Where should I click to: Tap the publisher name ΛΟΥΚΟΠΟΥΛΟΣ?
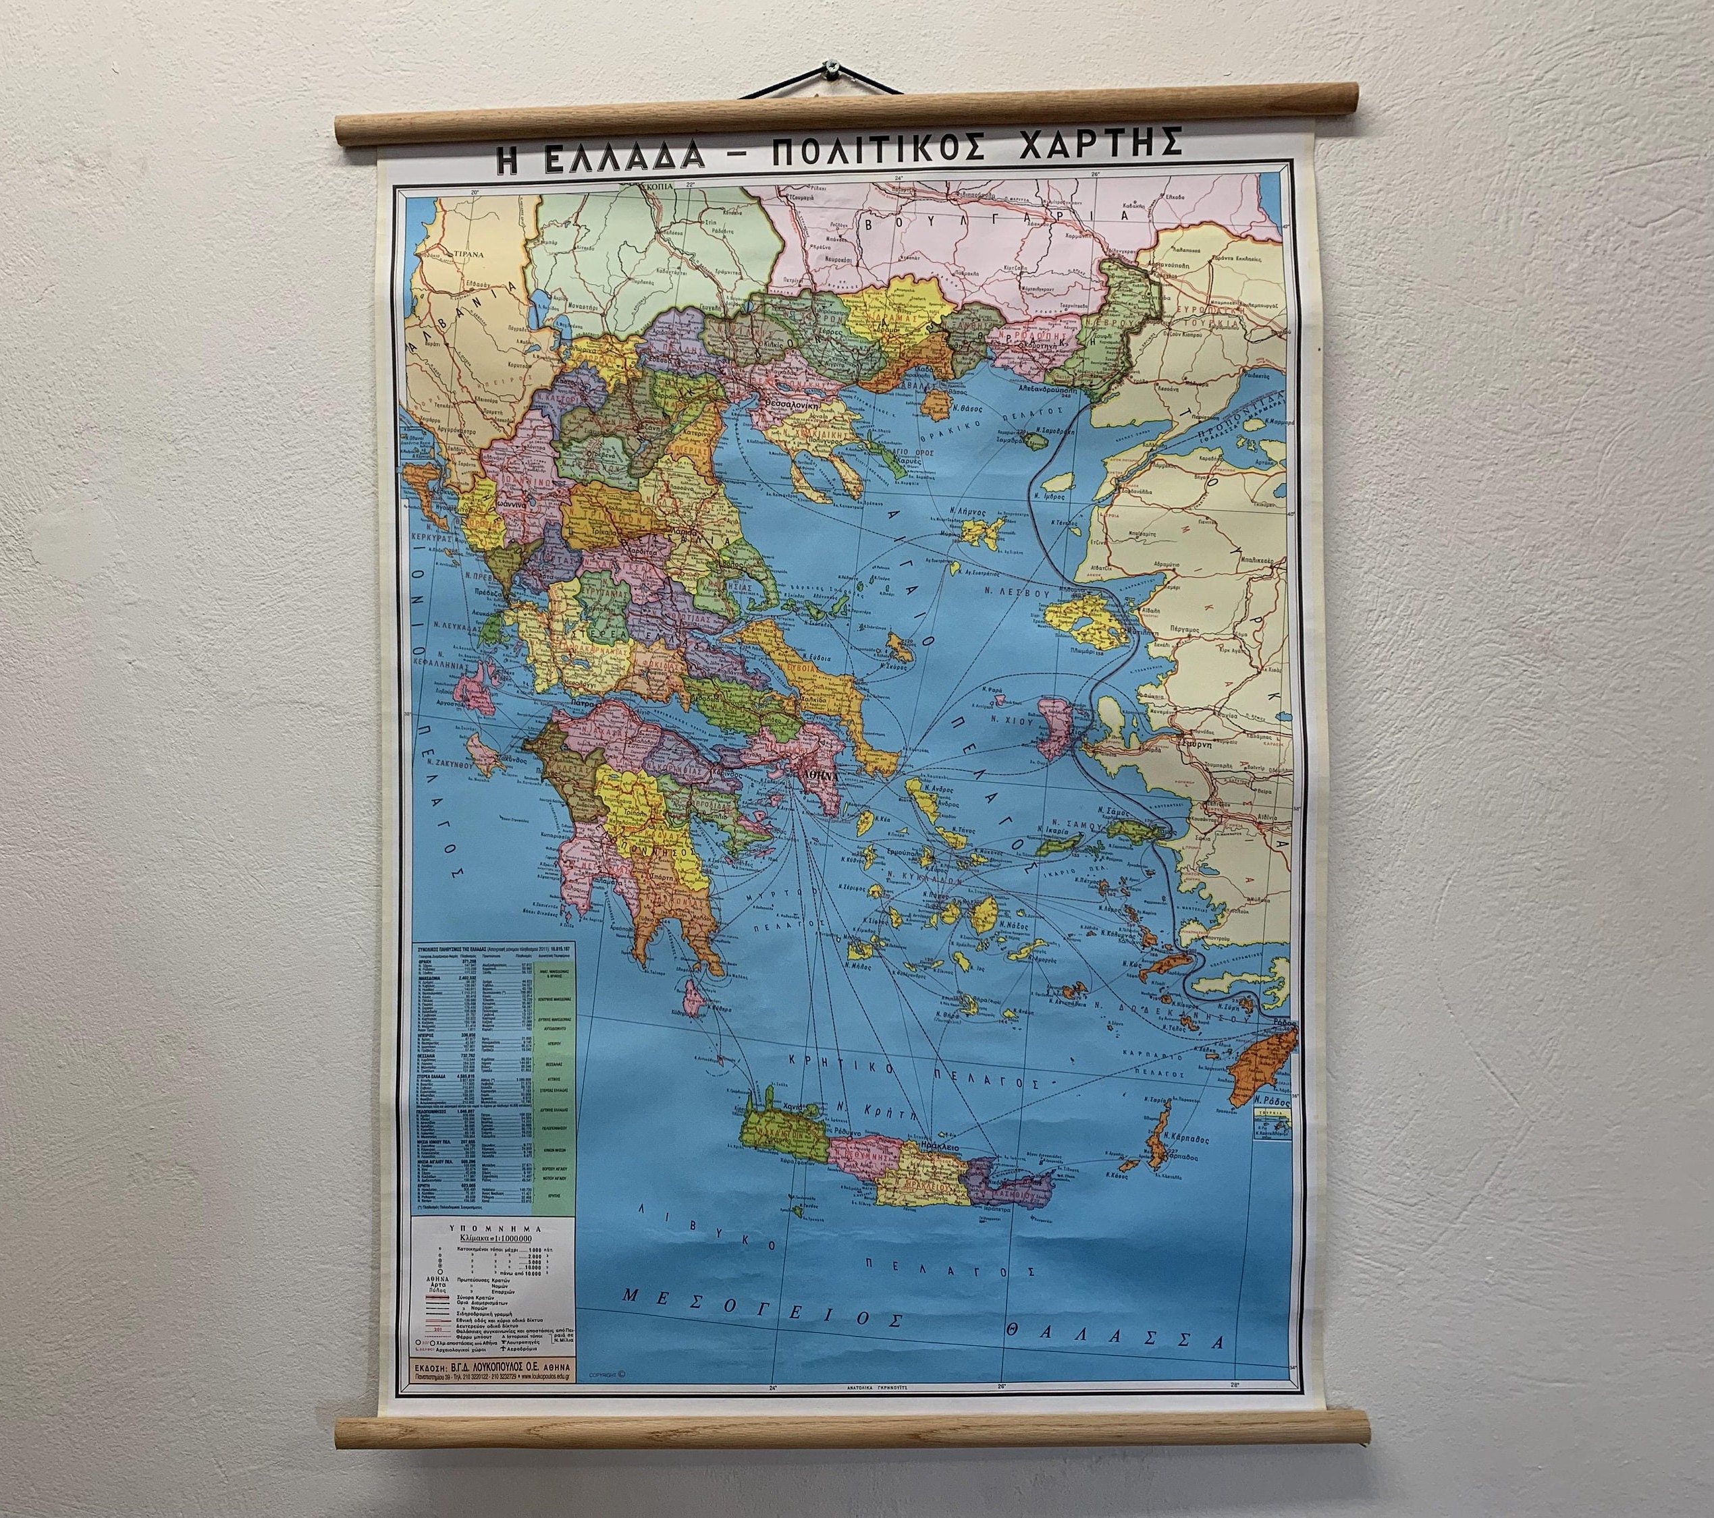pyautogui.click(x=508, y=1390)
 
